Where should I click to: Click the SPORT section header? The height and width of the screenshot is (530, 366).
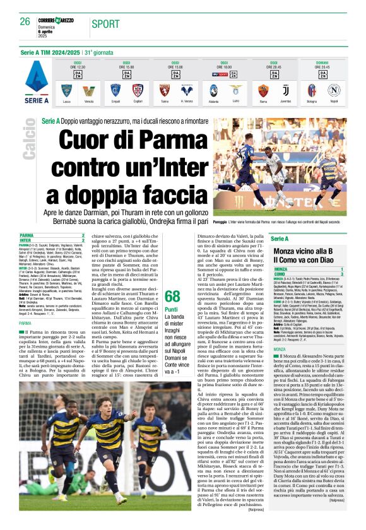tap(105, 24)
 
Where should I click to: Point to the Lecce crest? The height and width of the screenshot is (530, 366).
tap(66, 90)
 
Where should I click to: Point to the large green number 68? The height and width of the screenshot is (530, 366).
tap(172, 296)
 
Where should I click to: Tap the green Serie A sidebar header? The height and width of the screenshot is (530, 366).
tap(279, 238)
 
